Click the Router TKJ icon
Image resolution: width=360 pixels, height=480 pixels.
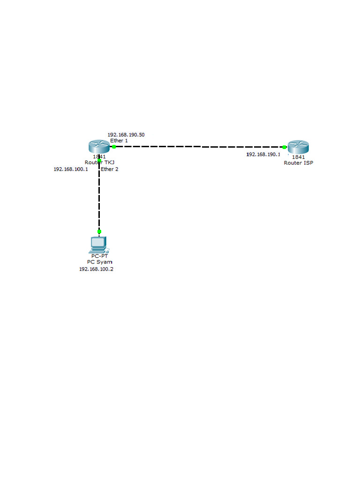(x=98, y=147)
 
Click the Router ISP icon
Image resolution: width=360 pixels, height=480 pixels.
(x=299, y=147)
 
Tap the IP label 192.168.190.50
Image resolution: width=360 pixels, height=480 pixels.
(x=126, y=135)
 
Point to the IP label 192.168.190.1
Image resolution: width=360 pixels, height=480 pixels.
(x=263, y=154)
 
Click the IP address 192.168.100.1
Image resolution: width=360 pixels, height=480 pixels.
(x=71, y=169)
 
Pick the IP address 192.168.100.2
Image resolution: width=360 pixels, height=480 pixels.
(x=96, y=270)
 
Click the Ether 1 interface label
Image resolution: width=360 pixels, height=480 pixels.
(x=119, y=141)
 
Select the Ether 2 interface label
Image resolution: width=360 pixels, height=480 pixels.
(x=110, y=169)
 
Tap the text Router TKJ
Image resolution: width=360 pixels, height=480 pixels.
(x=99, y=163)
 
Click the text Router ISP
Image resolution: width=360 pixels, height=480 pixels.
(x=299, y=163)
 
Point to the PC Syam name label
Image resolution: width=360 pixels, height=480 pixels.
(x=99, y=262)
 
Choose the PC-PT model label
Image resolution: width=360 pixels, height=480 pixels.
(x=99, y=256)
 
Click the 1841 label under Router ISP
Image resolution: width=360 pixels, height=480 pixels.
(x=299, y=157)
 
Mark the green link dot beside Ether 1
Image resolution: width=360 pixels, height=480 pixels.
(x=114, y=147)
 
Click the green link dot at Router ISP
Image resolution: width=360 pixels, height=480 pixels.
(x=285, y=147)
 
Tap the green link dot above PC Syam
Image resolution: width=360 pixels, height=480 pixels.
(x=99, y=232)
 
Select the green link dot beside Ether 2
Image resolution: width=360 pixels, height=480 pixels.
(x=99, y=161)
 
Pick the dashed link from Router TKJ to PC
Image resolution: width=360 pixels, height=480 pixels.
(x=99, y=197)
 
